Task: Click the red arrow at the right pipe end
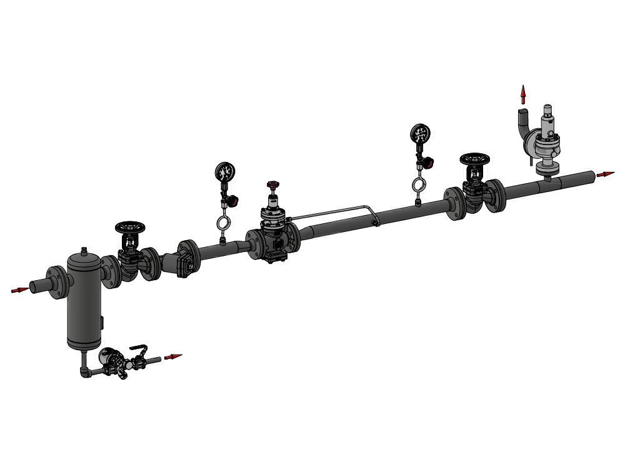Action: tap(605, 174)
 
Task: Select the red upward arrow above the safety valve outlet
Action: tap(523, 94)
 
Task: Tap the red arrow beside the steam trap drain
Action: tap(172, 357)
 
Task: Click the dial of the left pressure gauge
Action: tap(224, 171)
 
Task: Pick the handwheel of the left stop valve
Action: tap(129, 227)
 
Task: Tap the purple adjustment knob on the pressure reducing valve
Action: tap(272, 185)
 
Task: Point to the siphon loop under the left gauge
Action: tap(222, 223)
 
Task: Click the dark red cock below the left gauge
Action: tap(233, 201)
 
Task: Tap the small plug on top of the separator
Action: tap(83, 250)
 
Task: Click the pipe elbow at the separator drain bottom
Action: tap(84, 373)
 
